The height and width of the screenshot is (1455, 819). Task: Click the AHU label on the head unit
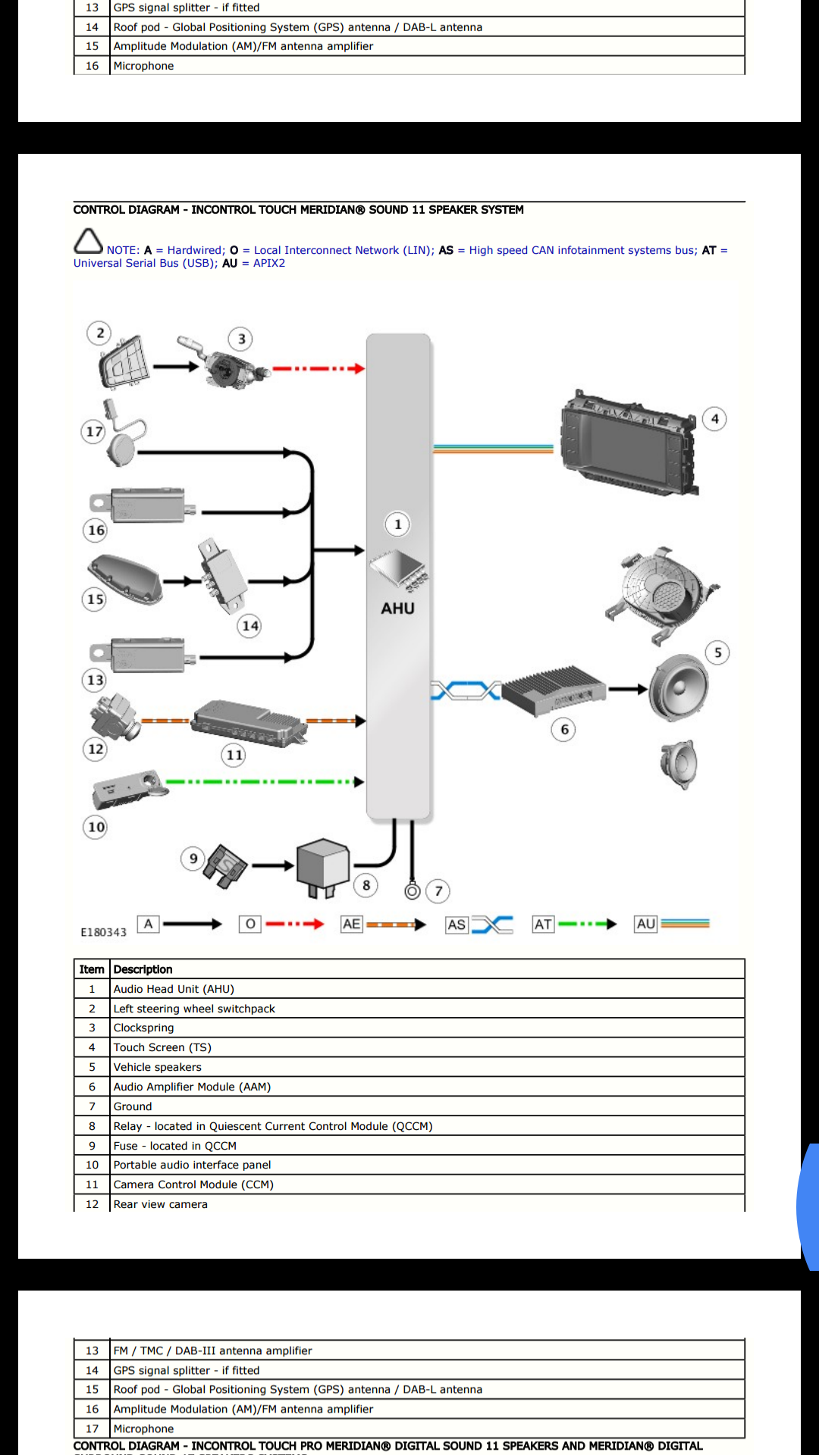[397, 609]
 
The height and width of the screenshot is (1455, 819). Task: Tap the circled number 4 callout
[714, 419]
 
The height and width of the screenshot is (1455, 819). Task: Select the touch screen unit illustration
[627, 443]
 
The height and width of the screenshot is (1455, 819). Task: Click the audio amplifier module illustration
[553, 690]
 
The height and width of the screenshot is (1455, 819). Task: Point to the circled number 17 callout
[94, 432]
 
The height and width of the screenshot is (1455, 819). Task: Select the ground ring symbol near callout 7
[413, 891]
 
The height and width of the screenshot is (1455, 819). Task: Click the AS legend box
[457, 925]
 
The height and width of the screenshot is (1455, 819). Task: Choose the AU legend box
[645, 924]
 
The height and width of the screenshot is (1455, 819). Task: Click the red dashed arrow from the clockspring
[318, 369]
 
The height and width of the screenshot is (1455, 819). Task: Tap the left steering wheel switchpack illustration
[124, 364]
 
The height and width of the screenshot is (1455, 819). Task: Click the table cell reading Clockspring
[144, 1028]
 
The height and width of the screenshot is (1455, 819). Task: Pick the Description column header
[143, 969]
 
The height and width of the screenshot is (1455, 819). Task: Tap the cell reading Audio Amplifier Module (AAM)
[192, 1087]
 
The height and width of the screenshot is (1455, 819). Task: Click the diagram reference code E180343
[104, 932]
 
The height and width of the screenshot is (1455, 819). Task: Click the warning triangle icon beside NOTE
[88, 242]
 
